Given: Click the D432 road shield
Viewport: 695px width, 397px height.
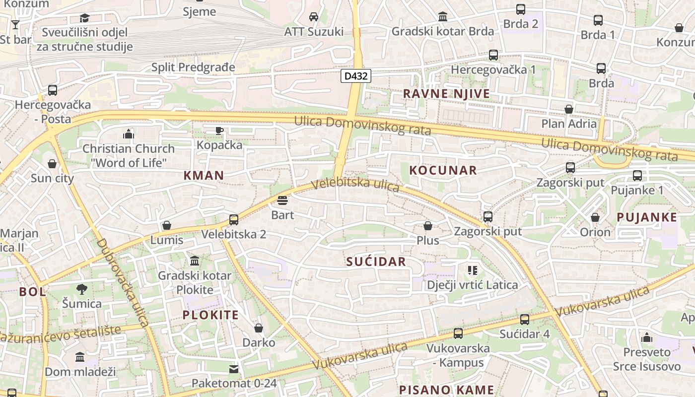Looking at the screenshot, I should click(356, 76).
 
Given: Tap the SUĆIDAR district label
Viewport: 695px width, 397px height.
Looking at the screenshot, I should click(376, 262).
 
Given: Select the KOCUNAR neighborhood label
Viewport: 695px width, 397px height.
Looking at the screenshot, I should click(443, 170).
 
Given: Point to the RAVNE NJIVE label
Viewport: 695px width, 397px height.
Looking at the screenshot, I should click(446, 93).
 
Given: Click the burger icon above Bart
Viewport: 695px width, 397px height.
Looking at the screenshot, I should click(282, 201).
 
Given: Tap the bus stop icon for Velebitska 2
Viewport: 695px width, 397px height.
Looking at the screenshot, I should click(234, 219).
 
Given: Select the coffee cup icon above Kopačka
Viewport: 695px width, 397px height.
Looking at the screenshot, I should click(219, 131).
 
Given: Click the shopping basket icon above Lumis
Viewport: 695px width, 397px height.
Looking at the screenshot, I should click(167, 226).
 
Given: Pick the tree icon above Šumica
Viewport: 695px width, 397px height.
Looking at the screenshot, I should click(82, 289).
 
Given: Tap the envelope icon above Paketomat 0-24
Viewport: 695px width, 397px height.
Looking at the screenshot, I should click(234, 369).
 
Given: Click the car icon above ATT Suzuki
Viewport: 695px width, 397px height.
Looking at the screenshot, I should click(314, 17).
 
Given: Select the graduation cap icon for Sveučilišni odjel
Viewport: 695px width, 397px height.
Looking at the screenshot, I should click(84, 18).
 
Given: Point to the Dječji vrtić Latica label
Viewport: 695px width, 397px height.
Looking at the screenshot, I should click(472, 285).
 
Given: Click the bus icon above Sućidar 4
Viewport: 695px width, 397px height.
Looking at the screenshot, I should click(525, 320).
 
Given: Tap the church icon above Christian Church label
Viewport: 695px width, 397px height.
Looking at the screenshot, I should click(129, 134).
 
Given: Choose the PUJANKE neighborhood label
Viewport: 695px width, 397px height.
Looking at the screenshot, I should click(646, 217).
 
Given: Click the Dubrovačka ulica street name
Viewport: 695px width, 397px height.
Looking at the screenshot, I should click(123, 283).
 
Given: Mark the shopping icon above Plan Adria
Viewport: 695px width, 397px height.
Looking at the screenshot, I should click(569, 109).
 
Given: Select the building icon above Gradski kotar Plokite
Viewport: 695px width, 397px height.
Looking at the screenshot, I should click(195, 261).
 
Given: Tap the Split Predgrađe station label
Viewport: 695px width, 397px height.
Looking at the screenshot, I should click(193, 67).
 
